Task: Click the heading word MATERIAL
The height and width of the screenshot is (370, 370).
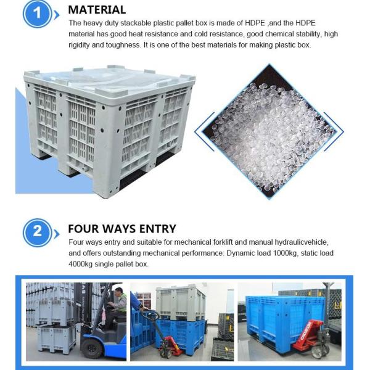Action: click(x=97, y=10)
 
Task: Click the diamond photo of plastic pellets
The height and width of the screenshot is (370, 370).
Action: click(x=269, y=131)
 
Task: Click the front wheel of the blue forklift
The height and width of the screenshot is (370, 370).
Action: click(x=91, y=349)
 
